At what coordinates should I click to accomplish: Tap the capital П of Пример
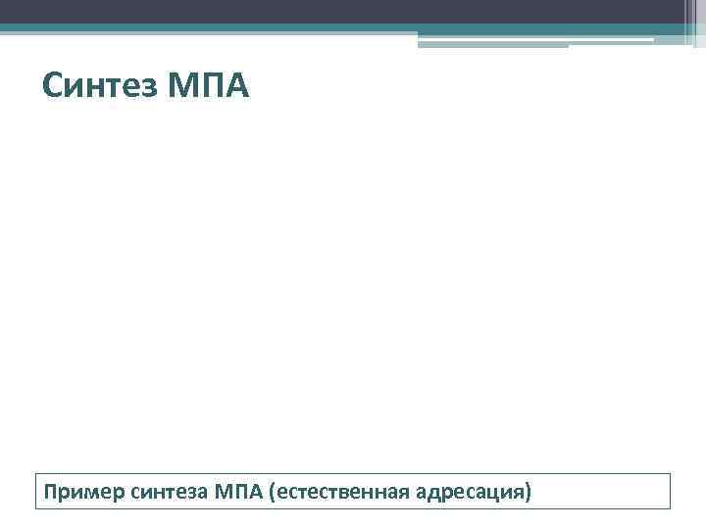point(48,489)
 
